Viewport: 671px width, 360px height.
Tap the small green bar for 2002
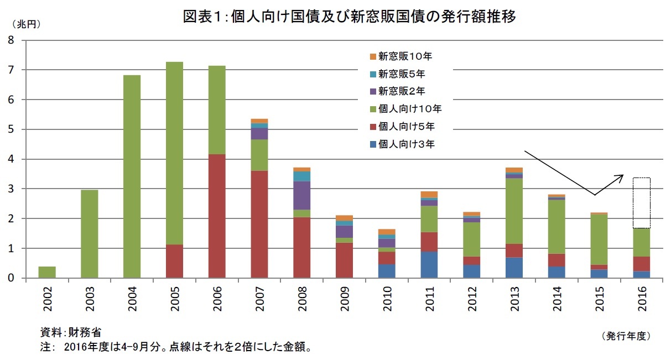pyautogui.click(x=47, y=272)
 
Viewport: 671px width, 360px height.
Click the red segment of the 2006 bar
pyautogui.click(x=217, y=216)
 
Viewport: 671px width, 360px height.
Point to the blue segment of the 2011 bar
pyautogui.click(x=429, y=265)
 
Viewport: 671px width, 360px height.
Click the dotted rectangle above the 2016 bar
pyautogui.click(x=642, y=202)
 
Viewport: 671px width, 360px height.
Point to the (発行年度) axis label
pyautogui.click(x=625, y=336)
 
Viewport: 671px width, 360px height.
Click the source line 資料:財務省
pyautogui.click(x=71, y=332)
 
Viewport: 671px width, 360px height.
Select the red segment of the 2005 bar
pyautogui.click(x=174, y=261)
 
